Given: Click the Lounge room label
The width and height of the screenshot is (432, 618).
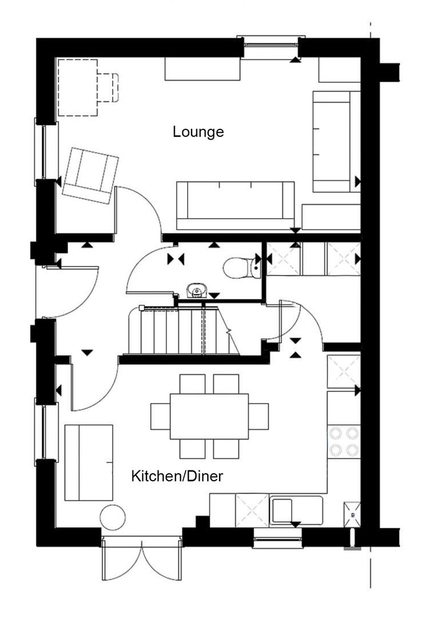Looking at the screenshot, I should click(198, 132).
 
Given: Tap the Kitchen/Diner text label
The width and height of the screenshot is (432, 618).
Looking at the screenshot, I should click(177, 476).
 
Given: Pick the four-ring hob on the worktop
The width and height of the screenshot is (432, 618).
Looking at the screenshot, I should click(344, 441).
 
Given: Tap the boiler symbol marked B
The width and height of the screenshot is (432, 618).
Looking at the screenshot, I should click(352, 514).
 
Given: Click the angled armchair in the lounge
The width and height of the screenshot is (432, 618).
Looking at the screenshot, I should click(91, 174).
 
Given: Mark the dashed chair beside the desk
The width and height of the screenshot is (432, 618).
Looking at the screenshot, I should click(109, 87).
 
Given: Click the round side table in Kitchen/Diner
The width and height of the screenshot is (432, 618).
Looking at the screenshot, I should click(112, 517).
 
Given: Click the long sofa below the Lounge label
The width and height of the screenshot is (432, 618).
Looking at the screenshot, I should click(235, 205).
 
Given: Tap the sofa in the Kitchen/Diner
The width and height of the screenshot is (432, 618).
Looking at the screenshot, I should click(88, 462).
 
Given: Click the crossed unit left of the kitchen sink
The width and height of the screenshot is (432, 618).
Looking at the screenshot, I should click(252, 510).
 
